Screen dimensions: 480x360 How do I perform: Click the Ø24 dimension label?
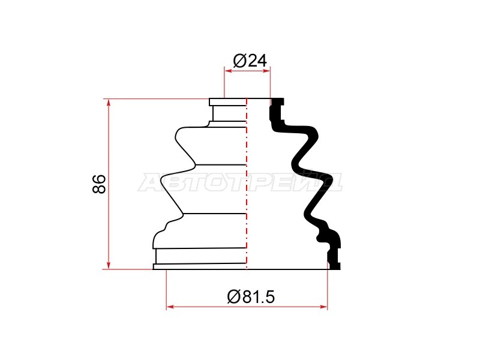point(250,61)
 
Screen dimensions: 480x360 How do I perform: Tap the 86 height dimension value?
point(99,184)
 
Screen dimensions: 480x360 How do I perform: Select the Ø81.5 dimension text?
point(251,297)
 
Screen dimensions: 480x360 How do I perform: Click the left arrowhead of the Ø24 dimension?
point(229,71)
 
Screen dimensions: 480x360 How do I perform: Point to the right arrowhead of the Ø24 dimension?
point(266,71)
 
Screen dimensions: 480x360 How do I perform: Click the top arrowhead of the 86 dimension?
point(109,103)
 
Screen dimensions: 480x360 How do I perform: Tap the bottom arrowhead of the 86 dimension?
point(109,265)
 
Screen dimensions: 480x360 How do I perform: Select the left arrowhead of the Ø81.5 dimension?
point(170,307)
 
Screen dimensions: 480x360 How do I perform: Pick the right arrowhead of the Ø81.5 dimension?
point(323,307)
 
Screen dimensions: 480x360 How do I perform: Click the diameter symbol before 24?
point(239,61)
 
